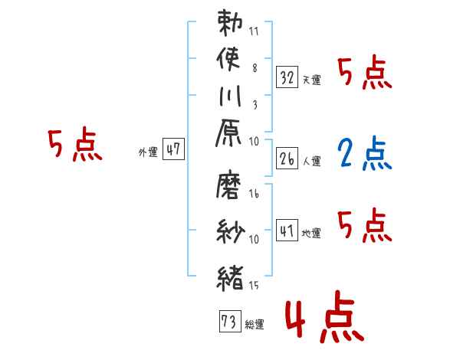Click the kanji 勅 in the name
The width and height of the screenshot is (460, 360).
(x=230, y=23)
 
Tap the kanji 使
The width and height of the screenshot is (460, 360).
(x=228, y=59)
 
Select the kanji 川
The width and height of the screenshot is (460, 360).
(x=230, y=97)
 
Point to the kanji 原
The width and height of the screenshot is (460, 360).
(x=228, y=133)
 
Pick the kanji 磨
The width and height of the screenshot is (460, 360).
(x=228, y=185)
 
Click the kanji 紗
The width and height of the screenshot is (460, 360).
(x=230, y=231)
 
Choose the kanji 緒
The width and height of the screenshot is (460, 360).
(x=230, y=278)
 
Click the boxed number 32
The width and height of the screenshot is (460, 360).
(x=287, y=77)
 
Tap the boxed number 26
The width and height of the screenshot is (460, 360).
(x=287, y=159)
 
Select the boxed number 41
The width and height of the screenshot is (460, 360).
(x=287, y=231)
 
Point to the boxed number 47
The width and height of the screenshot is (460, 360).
(x=173, y=149)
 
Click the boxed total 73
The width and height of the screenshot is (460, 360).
(x=230, y=321)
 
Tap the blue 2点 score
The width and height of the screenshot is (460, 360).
(x=365, y=154)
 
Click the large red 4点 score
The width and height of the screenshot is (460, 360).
(x=325, y=317)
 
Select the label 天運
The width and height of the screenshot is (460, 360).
(x=311, y=80)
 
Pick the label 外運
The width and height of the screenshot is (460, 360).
(x=148, y=152)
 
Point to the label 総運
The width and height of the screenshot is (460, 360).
(x=255, y=325)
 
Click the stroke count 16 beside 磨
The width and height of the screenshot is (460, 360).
(x=254, y=194)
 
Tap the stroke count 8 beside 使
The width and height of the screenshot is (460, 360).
(x=255, y=68)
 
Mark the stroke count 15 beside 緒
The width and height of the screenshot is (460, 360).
(x=254, y=286)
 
